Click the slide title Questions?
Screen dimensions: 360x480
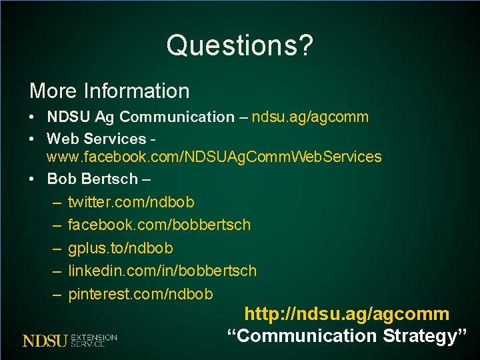[239, 45]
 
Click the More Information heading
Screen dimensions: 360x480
[109, 91]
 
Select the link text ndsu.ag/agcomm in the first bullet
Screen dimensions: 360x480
[310, 117]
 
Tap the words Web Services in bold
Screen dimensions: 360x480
[96, 139]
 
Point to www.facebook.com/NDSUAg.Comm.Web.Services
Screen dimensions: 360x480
[213, 157]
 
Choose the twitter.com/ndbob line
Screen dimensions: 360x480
[131, 202]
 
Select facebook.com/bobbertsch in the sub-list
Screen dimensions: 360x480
[159, 225]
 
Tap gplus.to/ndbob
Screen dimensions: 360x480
[120, 249]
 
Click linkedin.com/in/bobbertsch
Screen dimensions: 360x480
[161, 271]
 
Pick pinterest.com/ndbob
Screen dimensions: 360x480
[140, 294]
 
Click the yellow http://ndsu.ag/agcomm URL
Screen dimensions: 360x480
[347, 314]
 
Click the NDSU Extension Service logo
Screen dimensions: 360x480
[70, 340]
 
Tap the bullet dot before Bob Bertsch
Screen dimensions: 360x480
[33, 179]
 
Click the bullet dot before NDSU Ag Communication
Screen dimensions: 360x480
[33, 117]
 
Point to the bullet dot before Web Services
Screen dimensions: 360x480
[33, 140]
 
